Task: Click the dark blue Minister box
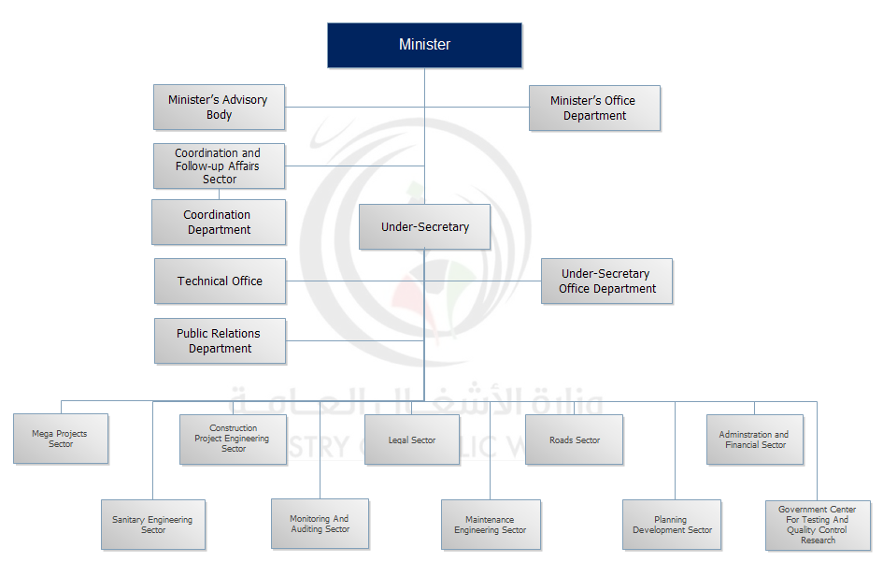tap(424, 45)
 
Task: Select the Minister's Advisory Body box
tap(219, 108)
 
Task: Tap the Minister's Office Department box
tap(594, 108)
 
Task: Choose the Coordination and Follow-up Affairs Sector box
tap(219, 166)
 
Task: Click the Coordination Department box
tap(219, 223)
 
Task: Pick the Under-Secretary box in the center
tap(424, 227)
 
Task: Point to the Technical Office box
tap(220, 281)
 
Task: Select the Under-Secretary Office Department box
tap(606, 281)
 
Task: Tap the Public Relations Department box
tap(220, 341)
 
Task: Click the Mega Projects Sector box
tap(61, 439)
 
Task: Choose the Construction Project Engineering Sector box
tap(233, 440)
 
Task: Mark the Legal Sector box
tap(412, 440)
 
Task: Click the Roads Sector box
tap(574, 440)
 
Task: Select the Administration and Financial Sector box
tap(754, 440)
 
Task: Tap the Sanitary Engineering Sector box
tap(152, 525)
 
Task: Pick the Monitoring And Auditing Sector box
tap(320, 524)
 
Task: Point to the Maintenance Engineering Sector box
tap(491, 525)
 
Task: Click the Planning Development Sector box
tap(672, 525)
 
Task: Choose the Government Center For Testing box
tap(818, 525)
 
